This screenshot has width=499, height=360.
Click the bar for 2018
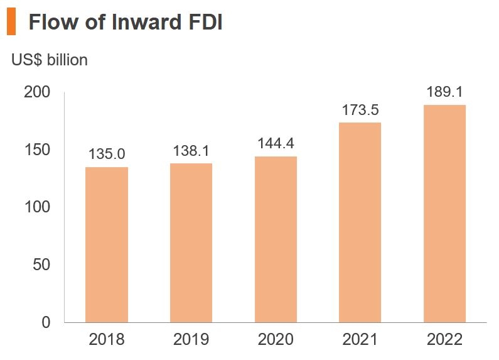tap(107, 244)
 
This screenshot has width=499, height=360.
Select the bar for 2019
tap(191, 243)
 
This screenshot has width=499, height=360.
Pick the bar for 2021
tap(360, 222)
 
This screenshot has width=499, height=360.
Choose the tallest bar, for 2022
tap(444, 214)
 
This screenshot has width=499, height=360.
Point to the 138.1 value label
tap(191, 151)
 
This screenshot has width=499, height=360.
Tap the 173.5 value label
tap(360, 110)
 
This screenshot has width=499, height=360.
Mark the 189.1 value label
tap(444, 92)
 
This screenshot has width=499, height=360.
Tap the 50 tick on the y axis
tap(41, 265)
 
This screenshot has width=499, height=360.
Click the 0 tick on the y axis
tap(46, 322)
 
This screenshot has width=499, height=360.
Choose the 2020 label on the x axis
tap(276, 340)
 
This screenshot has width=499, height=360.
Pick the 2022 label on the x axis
tap(444, 340)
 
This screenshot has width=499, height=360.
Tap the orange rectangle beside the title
tap(11, 23)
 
